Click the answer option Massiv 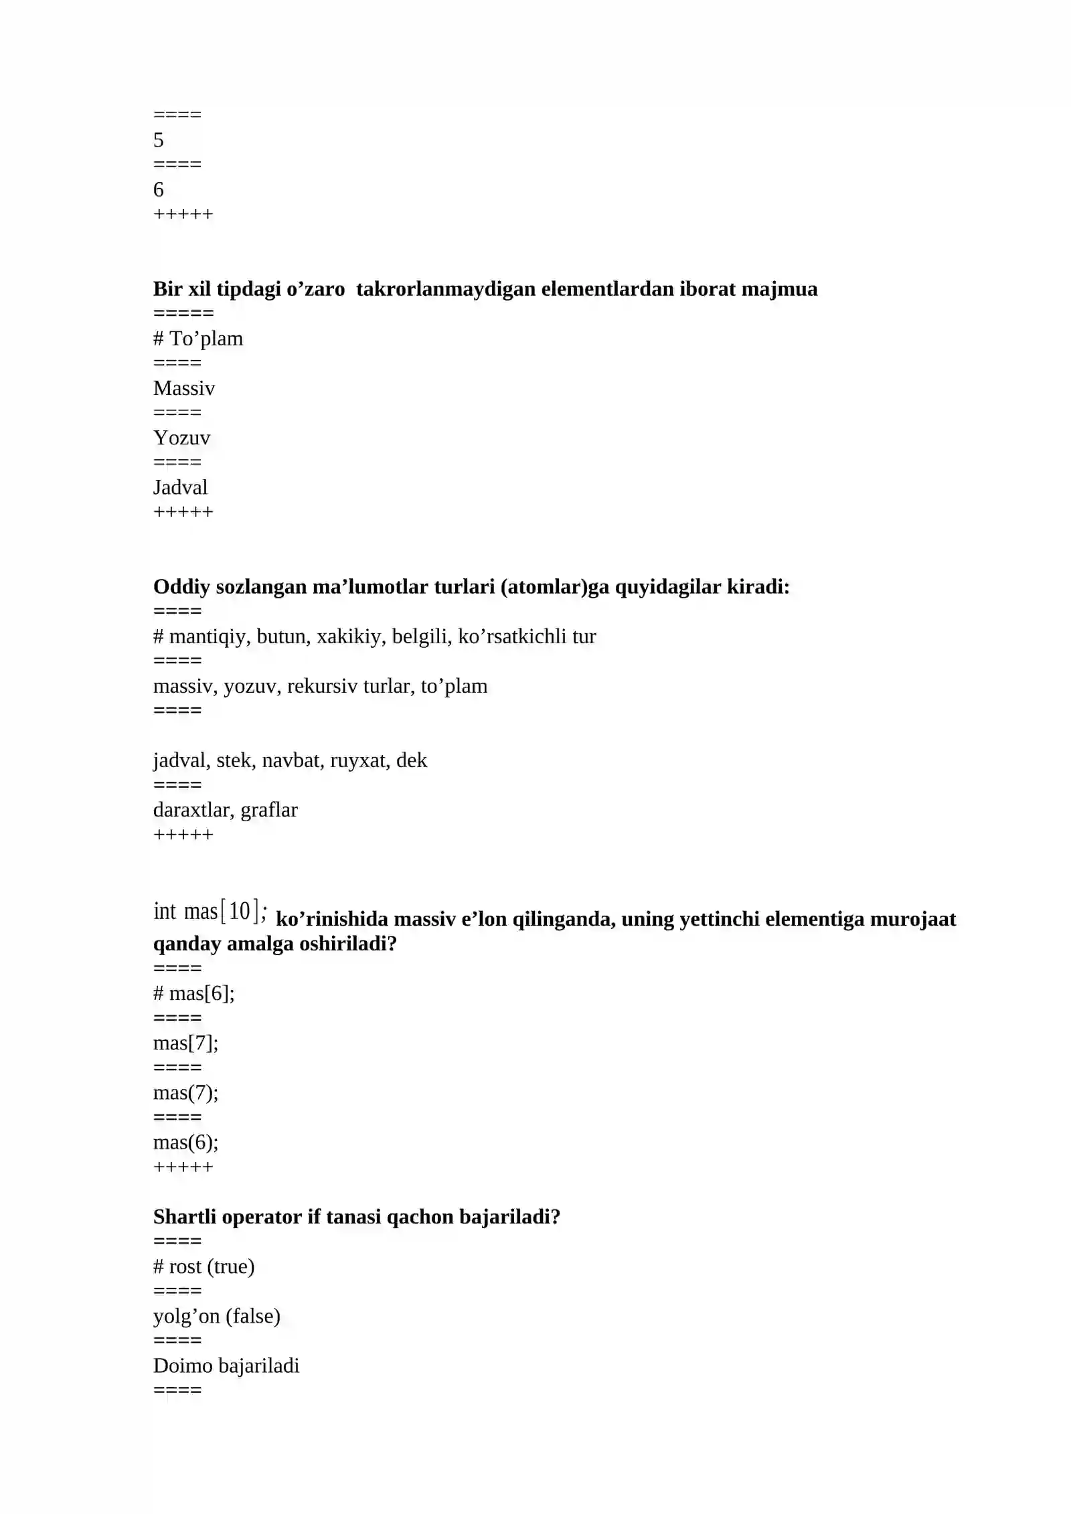[184, 388]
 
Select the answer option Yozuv [181, 438]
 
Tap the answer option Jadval [180, 487]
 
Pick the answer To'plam [205, 339]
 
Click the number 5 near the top [159, 140]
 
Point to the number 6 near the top [159, 189]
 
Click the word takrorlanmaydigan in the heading [445, 289]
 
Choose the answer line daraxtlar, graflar [225, 810]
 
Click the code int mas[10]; [210, 912]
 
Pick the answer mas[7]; [185, 1043]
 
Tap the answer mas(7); [185, 1092]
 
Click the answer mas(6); [185, 1142]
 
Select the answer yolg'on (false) [216, 1316]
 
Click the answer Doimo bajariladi [226, 1365]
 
